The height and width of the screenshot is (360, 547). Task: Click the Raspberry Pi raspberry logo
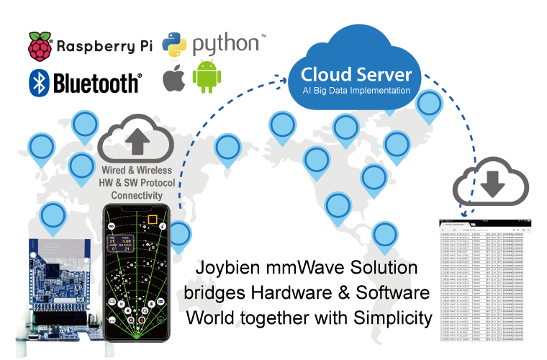[40, 47]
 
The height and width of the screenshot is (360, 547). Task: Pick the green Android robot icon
[207, 78]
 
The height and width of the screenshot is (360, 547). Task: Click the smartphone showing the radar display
[137, 273]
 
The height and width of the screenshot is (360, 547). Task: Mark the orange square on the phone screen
[152, 220]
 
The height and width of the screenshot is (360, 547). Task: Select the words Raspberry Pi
[104, 47]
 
